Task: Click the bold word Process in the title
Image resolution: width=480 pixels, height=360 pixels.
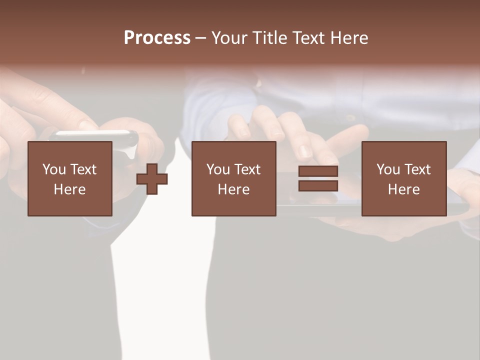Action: click(157, 38)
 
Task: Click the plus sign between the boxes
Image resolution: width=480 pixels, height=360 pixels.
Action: click(152, 179)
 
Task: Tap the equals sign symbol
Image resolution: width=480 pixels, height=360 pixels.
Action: click(318, 178)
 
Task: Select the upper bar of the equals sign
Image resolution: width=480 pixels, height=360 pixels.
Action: click(318, 171)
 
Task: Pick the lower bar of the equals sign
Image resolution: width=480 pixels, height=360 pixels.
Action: click(318, 185)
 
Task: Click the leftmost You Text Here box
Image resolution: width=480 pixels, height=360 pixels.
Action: click(69, 178)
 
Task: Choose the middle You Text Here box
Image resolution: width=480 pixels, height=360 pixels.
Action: click(233, 178)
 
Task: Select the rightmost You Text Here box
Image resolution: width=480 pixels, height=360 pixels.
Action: click(403, 178)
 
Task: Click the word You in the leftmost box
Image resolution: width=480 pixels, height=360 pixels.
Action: click(52, 169)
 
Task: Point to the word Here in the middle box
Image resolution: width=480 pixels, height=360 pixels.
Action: click(233, 189)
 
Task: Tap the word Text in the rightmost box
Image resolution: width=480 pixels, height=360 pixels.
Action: click(417, 169)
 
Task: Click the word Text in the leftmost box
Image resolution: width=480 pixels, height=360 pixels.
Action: click(83, 169)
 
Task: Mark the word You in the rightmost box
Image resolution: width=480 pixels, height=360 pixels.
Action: click(387, 169)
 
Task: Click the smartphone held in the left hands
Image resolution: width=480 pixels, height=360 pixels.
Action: click(95, 135)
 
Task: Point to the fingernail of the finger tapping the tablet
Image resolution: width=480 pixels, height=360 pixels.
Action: click(304, 150)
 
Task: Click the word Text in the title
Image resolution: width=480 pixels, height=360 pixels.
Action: click(306, 38)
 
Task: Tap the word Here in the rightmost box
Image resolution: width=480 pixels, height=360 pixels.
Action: click(403, 189)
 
